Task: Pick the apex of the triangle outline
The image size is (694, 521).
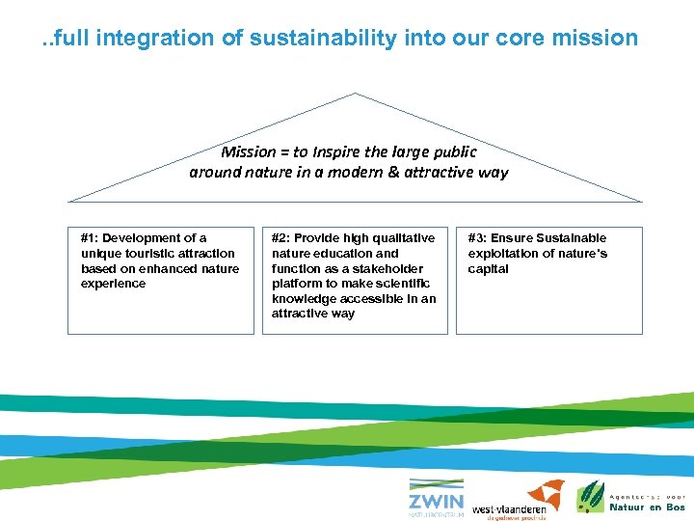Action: coord(356,94)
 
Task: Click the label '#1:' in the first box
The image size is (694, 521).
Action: coord(90,238)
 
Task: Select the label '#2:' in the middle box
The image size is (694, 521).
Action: coord(280,238)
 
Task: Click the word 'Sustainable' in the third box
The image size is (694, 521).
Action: coord(573,238)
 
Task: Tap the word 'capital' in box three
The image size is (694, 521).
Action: coord(488,269)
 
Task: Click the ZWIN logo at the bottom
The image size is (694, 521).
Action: coord(435,498)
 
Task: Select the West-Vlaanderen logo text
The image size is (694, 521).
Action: coord(509,508)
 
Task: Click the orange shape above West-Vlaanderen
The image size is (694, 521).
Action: coord(545,492)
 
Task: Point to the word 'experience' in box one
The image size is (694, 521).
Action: coord(114,284)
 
